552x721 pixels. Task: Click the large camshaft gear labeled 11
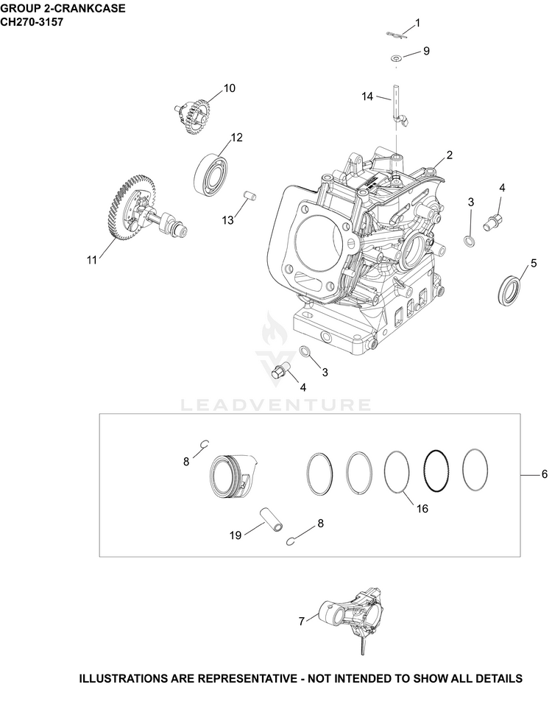pyautogui.click(x=138, y=207)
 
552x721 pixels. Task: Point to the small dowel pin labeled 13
pyautogui.click(x=250, y=195)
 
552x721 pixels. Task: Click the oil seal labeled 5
pyautogui.click(x=510, y=289)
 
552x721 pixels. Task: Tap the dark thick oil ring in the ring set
pyautogui.click(x=436, y=469)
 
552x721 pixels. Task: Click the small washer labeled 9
pyautogui.click(x=396, y=58)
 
